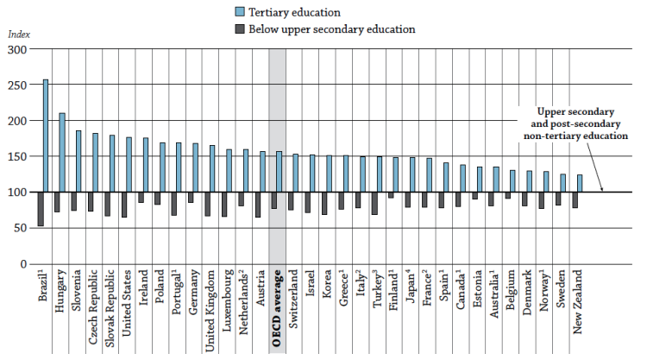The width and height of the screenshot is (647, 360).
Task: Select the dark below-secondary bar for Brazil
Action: point(40,209)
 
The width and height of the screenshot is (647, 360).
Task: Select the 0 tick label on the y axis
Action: point(23,263)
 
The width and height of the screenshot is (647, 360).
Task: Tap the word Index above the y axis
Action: point(18,34)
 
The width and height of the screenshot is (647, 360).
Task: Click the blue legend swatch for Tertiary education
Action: point(240,12)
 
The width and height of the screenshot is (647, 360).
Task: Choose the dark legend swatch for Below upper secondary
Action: point(240,29)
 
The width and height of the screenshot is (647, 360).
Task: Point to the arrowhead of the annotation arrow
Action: point(602,189)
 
